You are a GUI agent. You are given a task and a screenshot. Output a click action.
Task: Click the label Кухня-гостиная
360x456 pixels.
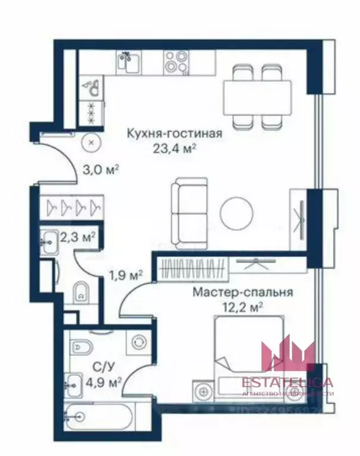[x=174, y=133]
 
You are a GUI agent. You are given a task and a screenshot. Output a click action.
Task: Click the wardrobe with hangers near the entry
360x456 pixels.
[x=73, y=206]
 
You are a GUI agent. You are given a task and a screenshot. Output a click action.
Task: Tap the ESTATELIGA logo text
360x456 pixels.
[x=288, y=382]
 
